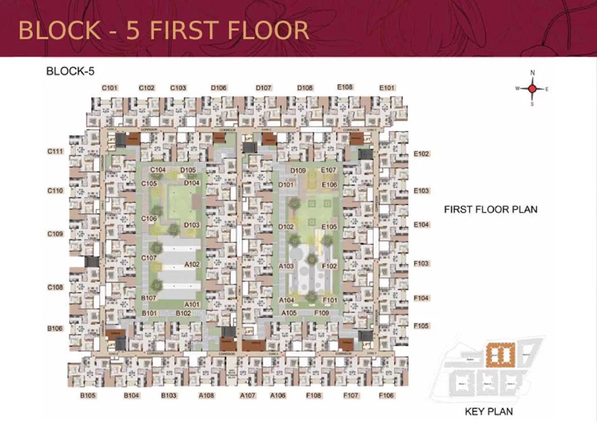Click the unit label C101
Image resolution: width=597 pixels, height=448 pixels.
[110, 88]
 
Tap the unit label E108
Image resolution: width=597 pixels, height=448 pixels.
[345, 87]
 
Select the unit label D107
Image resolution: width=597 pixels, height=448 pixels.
[264, 88]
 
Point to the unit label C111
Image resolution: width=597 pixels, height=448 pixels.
[55, 151]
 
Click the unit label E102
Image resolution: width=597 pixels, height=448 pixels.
[421, 154]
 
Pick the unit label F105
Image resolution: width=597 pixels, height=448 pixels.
[421, 325]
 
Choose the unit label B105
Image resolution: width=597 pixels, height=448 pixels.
[88, 395]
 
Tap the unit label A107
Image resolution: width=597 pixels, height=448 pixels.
[248, 395]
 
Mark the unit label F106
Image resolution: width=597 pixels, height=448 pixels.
[386, 395]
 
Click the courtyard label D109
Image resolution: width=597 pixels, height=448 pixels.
[298, 170]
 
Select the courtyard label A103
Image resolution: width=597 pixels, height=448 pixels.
[286, 266]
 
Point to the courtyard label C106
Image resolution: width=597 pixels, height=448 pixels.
[149, 218]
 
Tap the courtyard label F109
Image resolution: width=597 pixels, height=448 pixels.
[322, 313]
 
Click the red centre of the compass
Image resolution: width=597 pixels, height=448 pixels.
[532, 89]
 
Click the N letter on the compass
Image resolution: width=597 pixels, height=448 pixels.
[532, 73]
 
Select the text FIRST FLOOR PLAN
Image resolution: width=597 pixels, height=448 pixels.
[490, 209]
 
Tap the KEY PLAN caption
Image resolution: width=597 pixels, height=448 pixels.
[489, 411]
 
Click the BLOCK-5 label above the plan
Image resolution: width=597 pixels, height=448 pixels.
[70, 71]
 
